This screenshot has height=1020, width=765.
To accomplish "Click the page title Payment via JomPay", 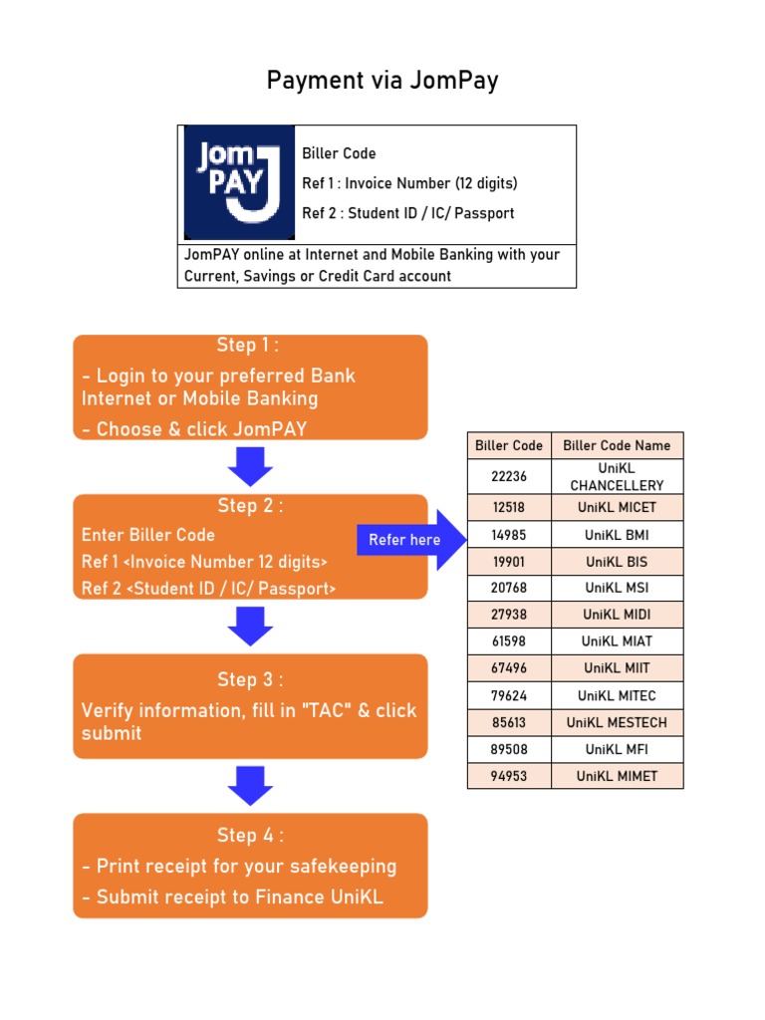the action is pyautogui.click(x=382, y=81).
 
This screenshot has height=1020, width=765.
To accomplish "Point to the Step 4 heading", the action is pyautogui.click(x=250, y=835).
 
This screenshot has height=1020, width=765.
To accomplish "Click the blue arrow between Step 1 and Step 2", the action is pyautogui.click(x=250, y=466).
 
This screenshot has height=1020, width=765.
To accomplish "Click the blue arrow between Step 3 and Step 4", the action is pyautogui.click(x=250, y=785).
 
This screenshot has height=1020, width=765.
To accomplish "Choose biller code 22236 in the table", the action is pyautogui.click(x=509, y=476).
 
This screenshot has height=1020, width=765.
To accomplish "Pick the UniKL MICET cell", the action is pyautogui.click(x=617, y=507).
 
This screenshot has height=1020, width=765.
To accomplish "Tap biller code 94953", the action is pyautogui.click(x=509, y=776).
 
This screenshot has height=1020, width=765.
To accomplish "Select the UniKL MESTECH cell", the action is pyautogui.click(x=617, y=722).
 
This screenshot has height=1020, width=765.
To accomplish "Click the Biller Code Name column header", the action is pyautogui.click(x=617, y=445).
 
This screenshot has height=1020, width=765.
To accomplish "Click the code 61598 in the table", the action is pyautogui.click(x=509, y=641).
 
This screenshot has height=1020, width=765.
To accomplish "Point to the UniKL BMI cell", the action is pyautogui.click(x=617, y=535).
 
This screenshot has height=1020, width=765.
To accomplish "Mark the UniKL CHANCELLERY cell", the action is pyautogui.click(x=617, y=476).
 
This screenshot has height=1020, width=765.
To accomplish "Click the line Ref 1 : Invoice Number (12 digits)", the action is pyautogui.click(x=410, y=183).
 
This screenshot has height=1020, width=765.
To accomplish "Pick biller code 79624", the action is pyautogui.click(x=509, y=695).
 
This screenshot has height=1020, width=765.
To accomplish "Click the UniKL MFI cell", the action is pyautogui.click(x=617, y=749).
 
